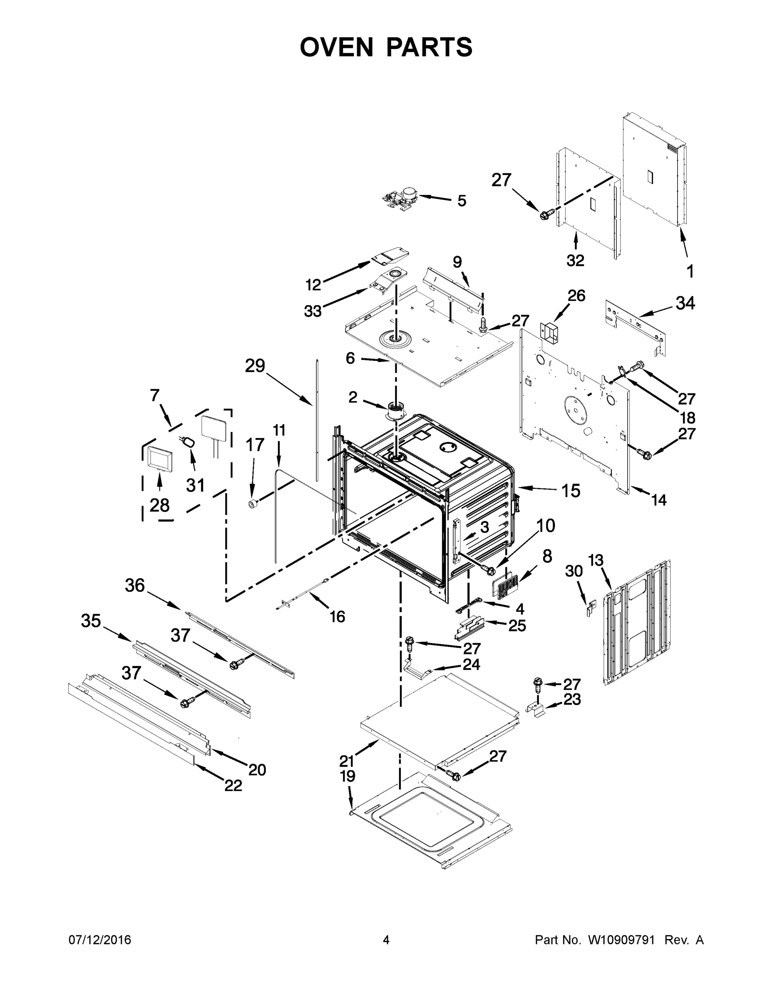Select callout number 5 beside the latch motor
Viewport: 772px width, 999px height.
[x=462, y=200]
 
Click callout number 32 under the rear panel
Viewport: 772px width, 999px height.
[x=575, y=260]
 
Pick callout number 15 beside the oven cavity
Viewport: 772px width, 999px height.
[x=571, y=490]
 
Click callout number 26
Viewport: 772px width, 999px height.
[x=576, y=296]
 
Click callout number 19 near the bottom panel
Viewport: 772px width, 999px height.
[x=348, y=776]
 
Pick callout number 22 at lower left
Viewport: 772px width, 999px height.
[x=233, y=785]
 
